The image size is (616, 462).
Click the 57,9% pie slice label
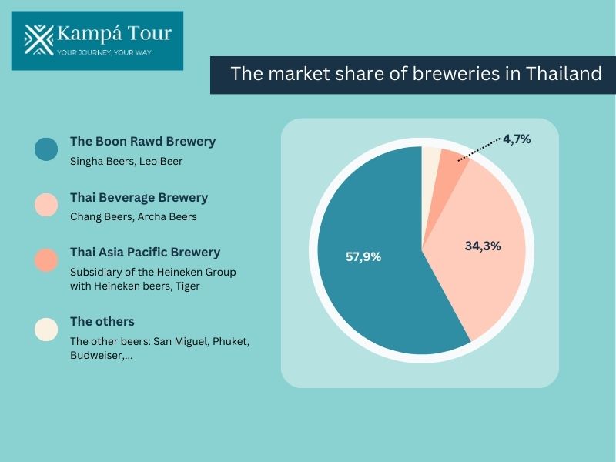click(363, 257)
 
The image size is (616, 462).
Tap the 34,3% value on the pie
click(483, 246)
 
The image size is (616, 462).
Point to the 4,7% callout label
click(517, 139)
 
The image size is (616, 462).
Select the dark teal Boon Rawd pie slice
click(377, 293)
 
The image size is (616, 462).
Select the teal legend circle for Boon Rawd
click(46, 149)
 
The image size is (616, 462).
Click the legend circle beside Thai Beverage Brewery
click(46, 205)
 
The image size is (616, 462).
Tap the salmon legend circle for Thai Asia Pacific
click(46, 259)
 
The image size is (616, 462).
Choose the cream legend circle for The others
click(46, 329)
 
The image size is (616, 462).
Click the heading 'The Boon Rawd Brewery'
click(142, 142)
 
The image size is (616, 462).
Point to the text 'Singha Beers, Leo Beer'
click(126, 161)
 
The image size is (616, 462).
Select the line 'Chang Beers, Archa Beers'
click(133, 216)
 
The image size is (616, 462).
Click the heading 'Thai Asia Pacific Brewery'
click(145, 252)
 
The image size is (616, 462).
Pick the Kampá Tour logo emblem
click(38, 39)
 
